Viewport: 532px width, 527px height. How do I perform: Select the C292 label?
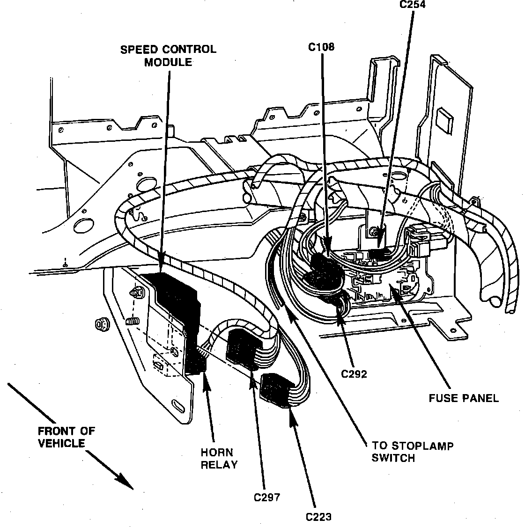[354, 374]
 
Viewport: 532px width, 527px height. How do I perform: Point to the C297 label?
[267, 498]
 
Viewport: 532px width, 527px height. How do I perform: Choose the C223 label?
[318, 517]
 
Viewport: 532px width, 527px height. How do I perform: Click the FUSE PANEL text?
[464, 398]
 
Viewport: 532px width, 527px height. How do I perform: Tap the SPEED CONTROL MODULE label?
[168, 55]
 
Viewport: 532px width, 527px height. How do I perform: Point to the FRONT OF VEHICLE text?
[66, 437]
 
